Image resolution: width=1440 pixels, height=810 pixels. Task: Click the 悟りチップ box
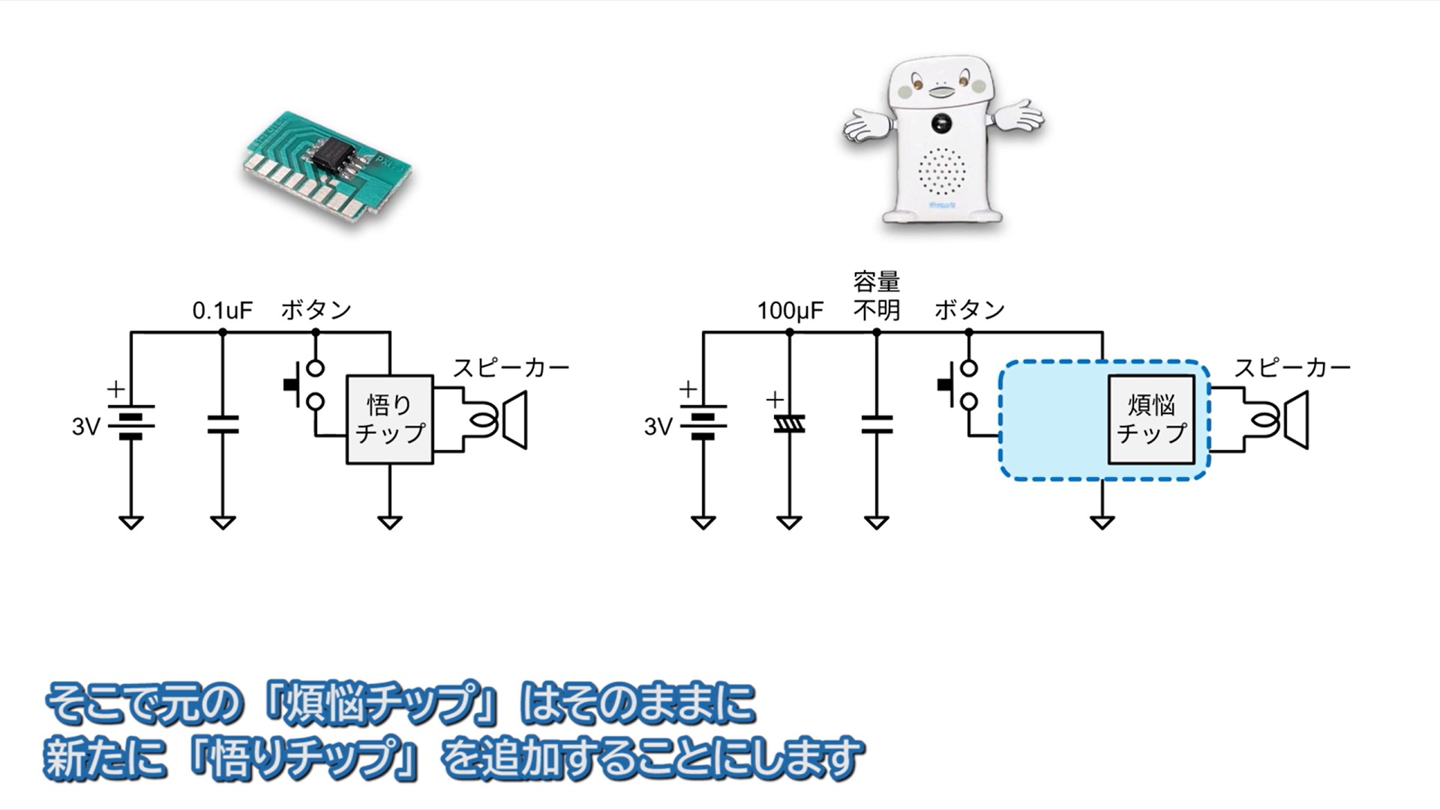tap(389, 420)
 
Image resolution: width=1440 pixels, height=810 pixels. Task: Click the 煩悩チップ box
tap(1151, 420)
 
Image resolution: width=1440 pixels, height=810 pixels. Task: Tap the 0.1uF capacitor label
tap(223, 310)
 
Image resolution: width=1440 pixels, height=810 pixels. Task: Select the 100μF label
tap(790, 310)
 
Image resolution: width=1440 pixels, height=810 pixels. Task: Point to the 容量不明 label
tap(876, 296)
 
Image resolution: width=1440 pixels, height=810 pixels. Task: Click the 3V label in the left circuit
tap(85, 427)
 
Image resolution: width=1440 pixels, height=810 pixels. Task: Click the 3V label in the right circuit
tap(658, 427)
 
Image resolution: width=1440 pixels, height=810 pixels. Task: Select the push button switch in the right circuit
tap(961, 385)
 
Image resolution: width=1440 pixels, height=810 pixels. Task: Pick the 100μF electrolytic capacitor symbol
tap(789, 424)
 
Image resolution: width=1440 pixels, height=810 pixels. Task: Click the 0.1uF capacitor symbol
tap(223, 424)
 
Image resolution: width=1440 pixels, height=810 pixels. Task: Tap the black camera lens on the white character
tap(940, 122)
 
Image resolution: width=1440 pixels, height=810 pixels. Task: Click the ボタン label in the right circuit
tap(969, 310)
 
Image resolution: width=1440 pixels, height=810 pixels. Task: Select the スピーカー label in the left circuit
tap(511, 367)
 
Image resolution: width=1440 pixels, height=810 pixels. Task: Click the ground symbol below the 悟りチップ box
tap(389, 522)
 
